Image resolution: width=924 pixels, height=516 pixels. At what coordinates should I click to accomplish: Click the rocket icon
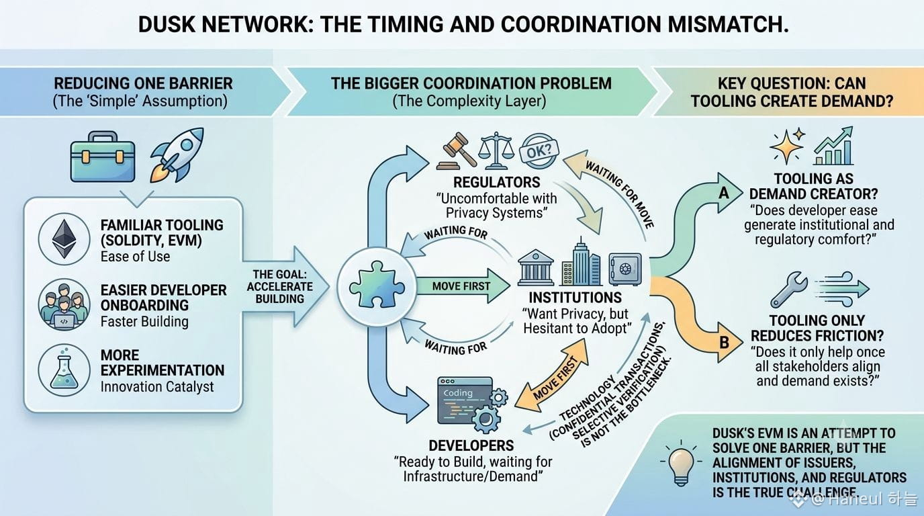point(177,155)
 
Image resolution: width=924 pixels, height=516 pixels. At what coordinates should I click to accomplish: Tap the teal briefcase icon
point(103,157)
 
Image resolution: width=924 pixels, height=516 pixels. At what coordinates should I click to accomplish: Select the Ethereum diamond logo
point(64,239)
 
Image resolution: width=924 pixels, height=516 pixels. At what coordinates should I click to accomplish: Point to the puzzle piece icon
point(377,284)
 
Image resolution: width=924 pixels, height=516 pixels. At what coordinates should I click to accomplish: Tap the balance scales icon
point(496,150)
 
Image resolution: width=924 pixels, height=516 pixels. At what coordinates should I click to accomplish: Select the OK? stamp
point(539,150)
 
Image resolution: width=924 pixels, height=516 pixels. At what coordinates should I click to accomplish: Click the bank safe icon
point(625,269)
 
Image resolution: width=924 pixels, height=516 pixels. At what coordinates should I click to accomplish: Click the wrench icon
point(789,290)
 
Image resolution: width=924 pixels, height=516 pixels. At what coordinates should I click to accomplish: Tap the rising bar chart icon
point(833,146)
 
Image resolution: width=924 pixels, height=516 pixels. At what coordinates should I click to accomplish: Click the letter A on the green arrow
point(724,193)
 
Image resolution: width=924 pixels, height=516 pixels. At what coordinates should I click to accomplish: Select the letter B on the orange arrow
point(725,342)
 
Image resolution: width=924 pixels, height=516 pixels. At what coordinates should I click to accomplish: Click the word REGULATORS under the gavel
point(497,182)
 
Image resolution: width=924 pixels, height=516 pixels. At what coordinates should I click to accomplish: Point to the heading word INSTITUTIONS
point(575,297)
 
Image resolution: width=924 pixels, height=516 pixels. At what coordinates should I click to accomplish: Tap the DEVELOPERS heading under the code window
point(471,445)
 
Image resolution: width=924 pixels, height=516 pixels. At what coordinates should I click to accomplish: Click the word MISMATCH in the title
point(729,24)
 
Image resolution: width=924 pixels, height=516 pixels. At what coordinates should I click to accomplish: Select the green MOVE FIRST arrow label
point(461,286)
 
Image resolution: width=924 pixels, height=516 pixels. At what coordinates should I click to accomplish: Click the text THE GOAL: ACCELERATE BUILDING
point(279,286)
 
